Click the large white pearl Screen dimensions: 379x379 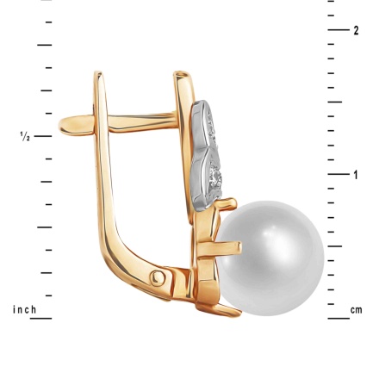coord(270,252)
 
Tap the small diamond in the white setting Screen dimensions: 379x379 coord(216,178)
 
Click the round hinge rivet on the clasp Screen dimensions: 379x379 coord(159,277)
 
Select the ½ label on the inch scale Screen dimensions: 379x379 coord(25,136)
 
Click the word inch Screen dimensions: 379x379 coord(24,309)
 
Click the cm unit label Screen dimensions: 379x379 coord(356,309)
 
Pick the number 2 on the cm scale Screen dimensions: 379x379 coord(356,30)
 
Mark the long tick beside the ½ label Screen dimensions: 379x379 coord(44,136)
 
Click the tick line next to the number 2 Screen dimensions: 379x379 coord(338,30)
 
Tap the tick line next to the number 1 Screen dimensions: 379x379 coord(338,175)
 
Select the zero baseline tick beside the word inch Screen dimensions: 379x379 coord(40,319)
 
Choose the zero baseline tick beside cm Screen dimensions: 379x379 coord(338,319)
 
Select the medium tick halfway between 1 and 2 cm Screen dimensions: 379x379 coord(336,103)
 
